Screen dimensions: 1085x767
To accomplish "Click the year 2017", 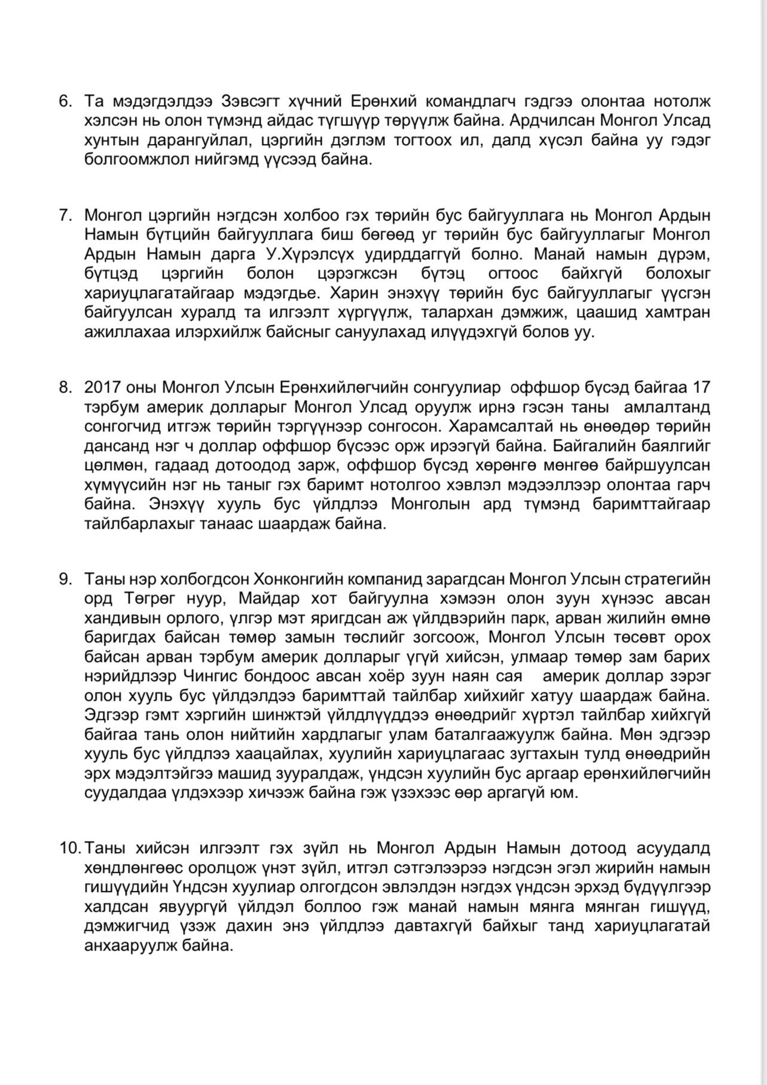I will [x=103, y=388].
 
